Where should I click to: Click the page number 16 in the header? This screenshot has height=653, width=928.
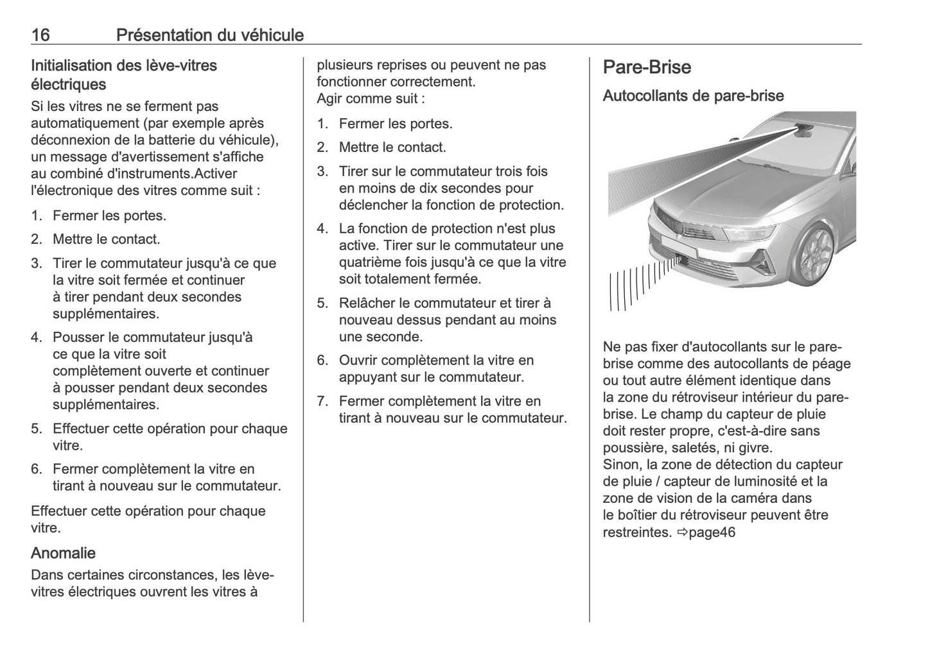pos(40,35)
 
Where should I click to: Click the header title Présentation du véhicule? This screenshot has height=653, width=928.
pos(209,35)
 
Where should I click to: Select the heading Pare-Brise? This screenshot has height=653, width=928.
pos(647,67)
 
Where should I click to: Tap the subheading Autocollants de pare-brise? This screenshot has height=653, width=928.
pos(693,96)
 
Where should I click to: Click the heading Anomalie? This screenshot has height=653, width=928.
pos(63,553)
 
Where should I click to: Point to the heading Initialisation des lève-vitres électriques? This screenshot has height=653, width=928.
pos(123,74)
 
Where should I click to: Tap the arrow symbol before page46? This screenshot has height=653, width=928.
pos(682,532)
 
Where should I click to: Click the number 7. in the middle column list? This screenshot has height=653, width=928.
pos(322,402)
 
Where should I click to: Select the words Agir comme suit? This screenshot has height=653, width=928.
pos(371,98)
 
